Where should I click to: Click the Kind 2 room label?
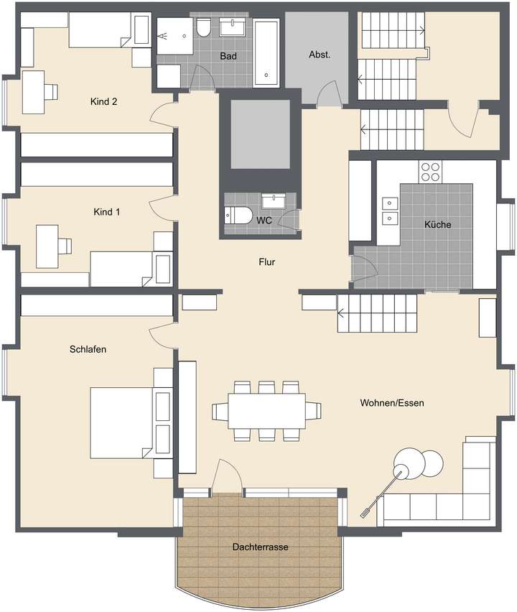pos(104,101)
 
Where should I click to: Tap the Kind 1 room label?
pos(107,212)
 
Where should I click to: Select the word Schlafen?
pos(88,350)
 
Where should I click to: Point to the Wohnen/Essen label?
pos(392,403)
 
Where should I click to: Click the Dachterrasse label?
pos(260,547)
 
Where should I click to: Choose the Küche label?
pos(437,225)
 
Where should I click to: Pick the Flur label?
pos(267,262)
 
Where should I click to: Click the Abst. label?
pos(320,55)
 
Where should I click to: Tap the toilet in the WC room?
pos(238,214)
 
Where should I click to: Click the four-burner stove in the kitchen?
pos(430,172)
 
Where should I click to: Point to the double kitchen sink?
pos(391,209)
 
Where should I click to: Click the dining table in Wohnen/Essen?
pos(266,410)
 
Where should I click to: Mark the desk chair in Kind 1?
pos(65,246)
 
